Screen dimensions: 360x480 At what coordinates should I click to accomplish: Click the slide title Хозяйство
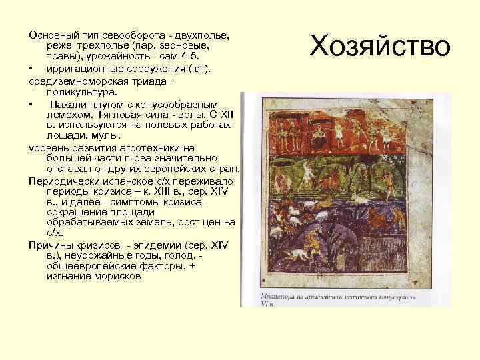(381, 47)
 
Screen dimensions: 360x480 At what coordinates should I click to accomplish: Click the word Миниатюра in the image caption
(266, 293)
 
